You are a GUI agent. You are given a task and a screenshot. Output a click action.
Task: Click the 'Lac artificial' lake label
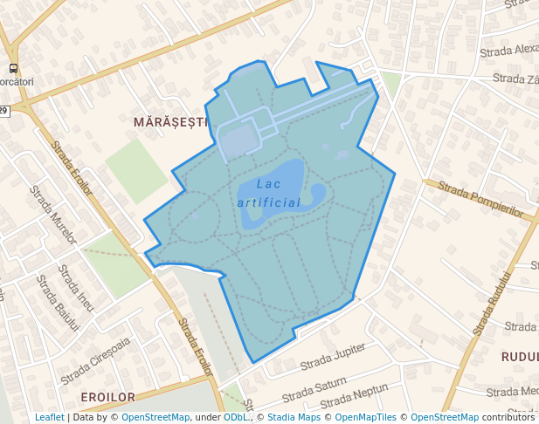[269, 193]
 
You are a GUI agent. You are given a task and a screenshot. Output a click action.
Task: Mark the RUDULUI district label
[519, 357]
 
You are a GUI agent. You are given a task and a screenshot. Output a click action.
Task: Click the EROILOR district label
[108, 397]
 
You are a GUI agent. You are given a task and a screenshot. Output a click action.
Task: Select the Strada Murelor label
[52, 215]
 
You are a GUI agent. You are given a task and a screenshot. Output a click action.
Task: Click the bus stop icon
[12, 68]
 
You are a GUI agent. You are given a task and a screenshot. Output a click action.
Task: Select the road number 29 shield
[3, 111]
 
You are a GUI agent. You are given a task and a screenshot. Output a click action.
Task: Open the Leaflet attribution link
[50, 418]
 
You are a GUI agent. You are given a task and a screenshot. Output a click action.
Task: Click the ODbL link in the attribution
[236, 418]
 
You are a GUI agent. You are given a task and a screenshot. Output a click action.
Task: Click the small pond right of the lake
[317, 192]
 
